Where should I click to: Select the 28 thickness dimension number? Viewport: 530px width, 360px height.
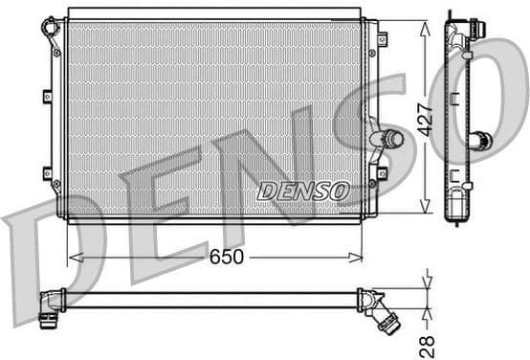(x=428, y=343)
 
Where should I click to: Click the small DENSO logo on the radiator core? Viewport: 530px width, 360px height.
(x=303, y=191)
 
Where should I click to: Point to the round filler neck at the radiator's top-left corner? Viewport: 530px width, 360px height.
(x=51, y=26)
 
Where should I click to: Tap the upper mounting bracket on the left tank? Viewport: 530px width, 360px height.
(x=47, y=96)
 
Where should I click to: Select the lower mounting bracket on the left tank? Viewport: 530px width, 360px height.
(x=47, y=172)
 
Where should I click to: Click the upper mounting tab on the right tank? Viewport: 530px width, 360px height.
(x=382, y=40)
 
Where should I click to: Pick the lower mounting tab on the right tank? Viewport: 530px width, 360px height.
(x=382, y=173)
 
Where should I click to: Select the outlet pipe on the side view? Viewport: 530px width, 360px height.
(x=480, y=141)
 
